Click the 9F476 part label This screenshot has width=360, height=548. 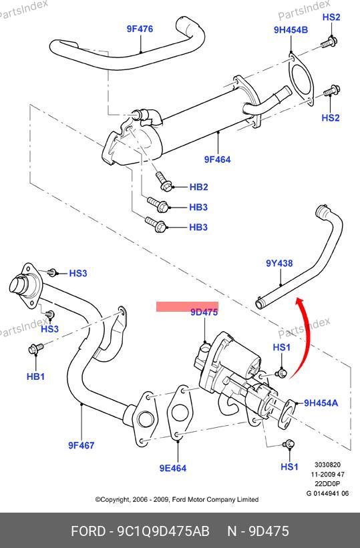tap(140, 29)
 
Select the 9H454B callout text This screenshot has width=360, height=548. tap(291, 30)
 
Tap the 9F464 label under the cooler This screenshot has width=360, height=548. tap(217, 160)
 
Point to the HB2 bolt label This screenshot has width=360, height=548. tap(199, 187)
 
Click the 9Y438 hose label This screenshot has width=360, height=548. tap(279, 263)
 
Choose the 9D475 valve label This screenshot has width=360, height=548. tap(204, 312)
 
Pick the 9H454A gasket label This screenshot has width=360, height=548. tap(321, 403)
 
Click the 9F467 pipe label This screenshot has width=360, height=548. tap(81, 445)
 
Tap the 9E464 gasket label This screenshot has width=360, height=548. tap(173, 468)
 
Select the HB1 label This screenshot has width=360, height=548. tap(35, 376)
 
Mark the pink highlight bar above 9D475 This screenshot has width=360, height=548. tap(187, 306)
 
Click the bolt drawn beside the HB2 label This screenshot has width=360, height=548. tap(163, 181)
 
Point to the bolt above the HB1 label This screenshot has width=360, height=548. tap(35, 348)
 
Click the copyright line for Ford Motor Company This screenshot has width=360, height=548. tap(177, 499)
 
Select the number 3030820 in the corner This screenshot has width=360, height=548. tap(327, 465)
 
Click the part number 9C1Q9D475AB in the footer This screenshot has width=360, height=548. tap(163, 531)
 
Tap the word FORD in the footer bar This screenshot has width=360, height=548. tap(87, 531)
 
